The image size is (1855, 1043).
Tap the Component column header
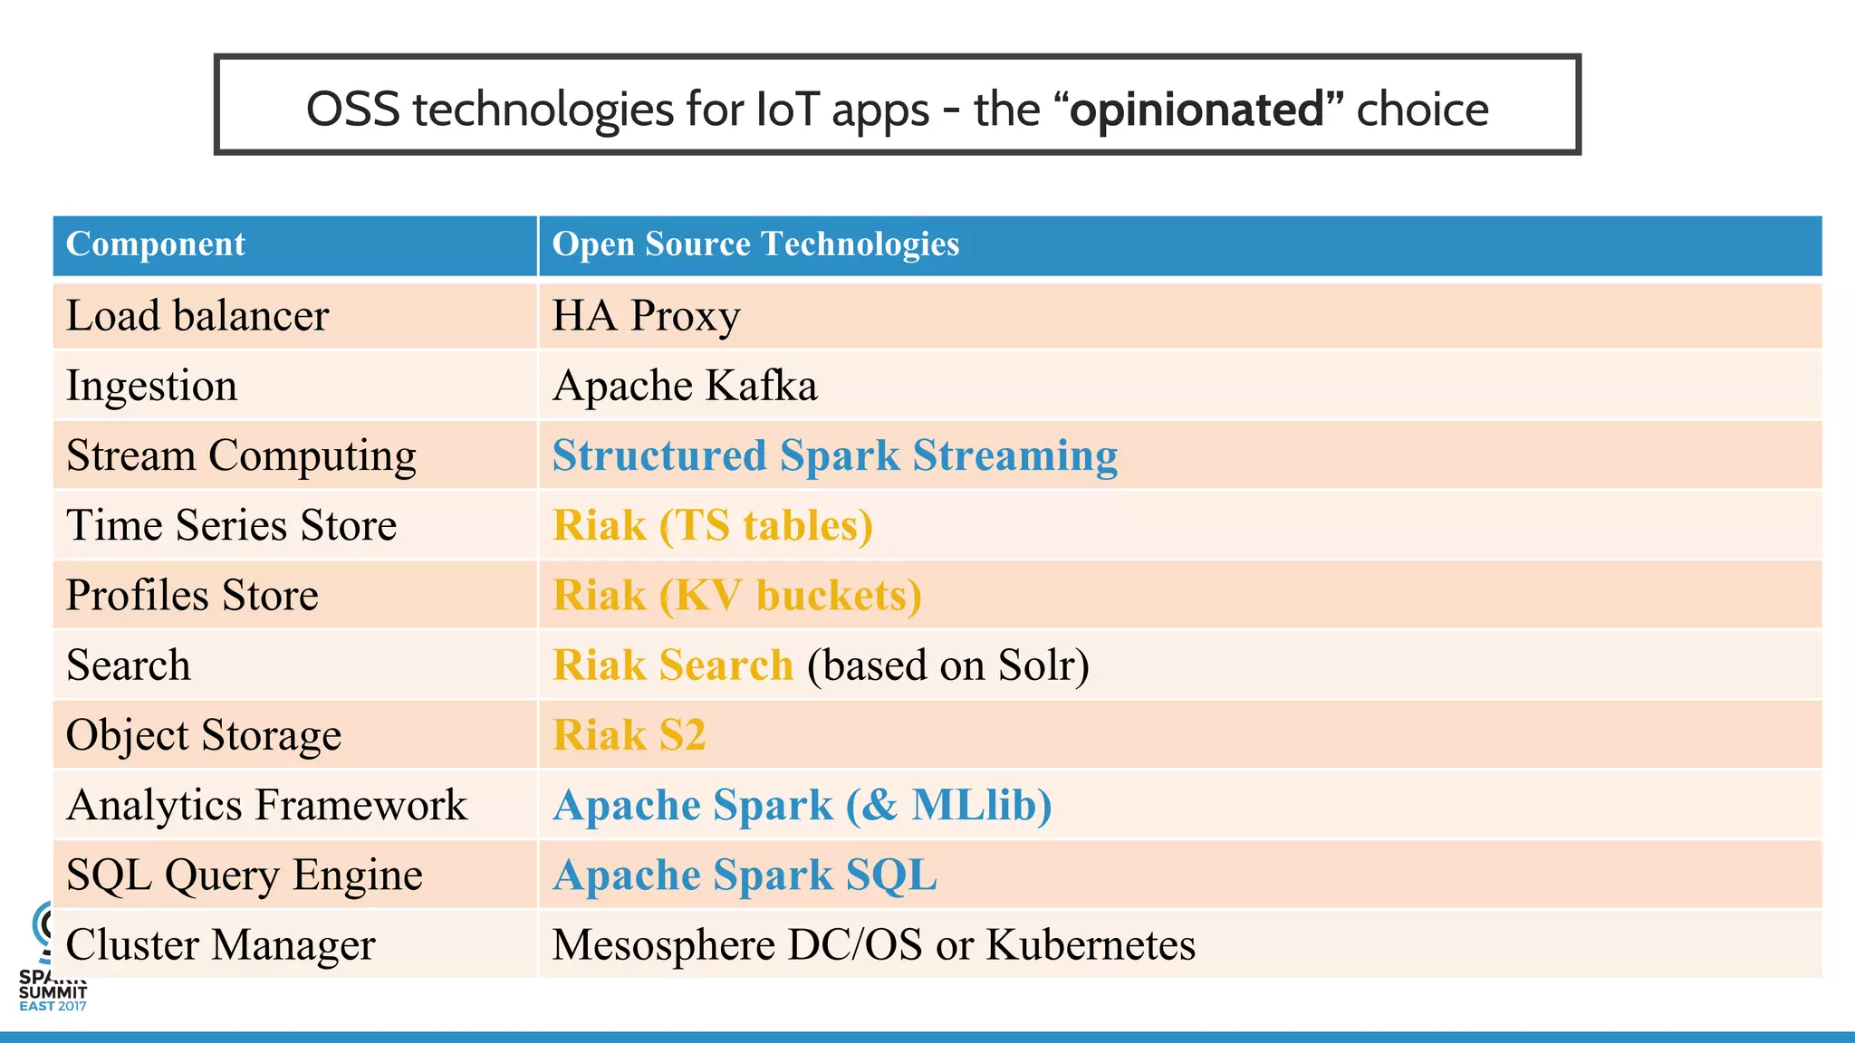coord(156,244)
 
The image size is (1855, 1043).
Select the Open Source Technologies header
coord(755,244)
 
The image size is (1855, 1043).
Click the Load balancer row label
coord(197,316)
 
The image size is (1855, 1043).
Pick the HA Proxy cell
coord(646,316)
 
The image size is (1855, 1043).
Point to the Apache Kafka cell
coord(685,386)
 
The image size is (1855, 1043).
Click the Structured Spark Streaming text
coord(834,455)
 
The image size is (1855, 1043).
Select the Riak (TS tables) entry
coord(713,525)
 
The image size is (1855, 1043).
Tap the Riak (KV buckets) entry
coord(737,596)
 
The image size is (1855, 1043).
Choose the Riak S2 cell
coord(629,735)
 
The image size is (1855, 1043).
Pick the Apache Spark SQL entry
coord(745,876)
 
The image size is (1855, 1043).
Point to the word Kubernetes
coord(1091,945)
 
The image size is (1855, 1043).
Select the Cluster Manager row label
coord(220,945)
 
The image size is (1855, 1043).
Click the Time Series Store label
coord(231,525)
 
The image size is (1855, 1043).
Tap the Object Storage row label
coord(204,735)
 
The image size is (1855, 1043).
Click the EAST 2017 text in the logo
coord(53,1007)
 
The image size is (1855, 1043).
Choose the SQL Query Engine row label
coord(244,876)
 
